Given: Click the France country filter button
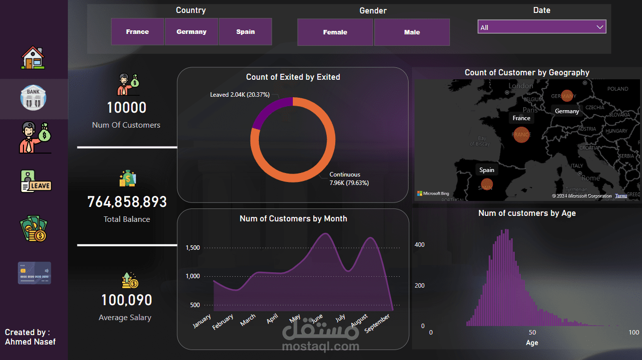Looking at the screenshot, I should (x=137, y=32).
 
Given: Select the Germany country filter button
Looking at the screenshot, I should (x=191, y=32).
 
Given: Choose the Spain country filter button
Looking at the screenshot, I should (x=245, y=32).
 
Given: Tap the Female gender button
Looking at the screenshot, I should (x=335, y=32).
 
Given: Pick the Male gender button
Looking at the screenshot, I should (x=412, y=32).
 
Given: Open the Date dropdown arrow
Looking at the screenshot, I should (x=600, y=27).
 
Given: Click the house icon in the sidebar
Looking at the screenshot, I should (x=33, y=57).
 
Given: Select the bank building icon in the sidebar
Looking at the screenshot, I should (x=33, y=98).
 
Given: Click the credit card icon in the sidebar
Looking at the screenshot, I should (x=34, y=273).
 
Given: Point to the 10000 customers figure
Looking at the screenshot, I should (x=127, y=108).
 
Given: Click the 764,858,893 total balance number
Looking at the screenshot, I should (x=127, y=202).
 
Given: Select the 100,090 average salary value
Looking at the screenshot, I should (x=127, y=300).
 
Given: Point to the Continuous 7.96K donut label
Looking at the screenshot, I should (x=349, y=179).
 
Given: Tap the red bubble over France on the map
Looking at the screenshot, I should (x=521, y=135).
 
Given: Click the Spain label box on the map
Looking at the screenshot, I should (x=486, y=170).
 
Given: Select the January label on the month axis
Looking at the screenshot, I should (x=202, y=321).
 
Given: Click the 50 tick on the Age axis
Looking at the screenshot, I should (x=532, y=333).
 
